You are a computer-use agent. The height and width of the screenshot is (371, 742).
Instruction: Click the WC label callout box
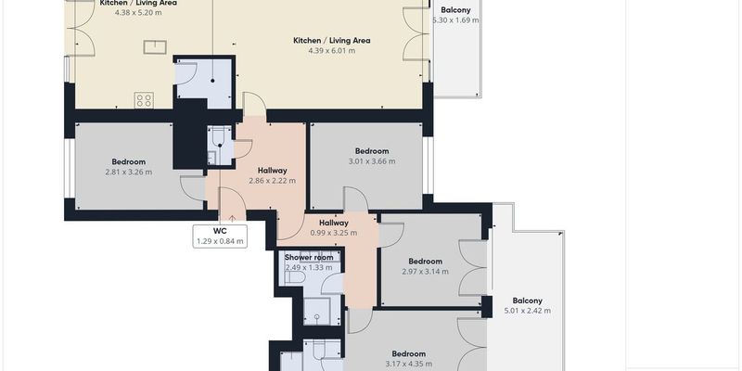(220, 237)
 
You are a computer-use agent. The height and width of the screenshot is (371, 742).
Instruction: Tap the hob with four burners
(144, 100)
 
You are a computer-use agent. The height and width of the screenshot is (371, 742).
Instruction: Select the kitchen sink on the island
(155, 47)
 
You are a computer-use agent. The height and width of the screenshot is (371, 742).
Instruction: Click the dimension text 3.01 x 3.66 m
(372, 161)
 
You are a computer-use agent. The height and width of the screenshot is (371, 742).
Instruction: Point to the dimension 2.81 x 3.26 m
(129, 173)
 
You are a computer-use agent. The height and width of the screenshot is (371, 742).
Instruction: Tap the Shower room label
(309, 258)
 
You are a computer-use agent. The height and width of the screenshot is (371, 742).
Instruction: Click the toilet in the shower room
(294, 277)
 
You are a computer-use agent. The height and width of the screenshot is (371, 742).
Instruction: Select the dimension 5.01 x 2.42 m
(527, 311)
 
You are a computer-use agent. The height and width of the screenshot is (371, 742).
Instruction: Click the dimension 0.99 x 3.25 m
(334, 233)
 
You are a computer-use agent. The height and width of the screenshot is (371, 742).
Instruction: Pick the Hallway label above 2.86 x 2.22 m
(272, 171)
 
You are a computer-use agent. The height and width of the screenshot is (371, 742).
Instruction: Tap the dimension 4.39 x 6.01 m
(332, 51)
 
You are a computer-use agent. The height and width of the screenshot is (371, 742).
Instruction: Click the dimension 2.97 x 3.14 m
(426, 272)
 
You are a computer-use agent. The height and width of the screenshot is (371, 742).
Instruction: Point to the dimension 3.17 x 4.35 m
(408, 364)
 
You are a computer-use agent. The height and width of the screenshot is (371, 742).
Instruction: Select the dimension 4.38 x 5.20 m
(138, 13)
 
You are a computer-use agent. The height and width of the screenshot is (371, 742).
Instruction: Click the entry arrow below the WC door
(233, 218)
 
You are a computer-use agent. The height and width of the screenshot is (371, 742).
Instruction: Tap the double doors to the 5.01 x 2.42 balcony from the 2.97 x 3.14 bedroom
(472, 268)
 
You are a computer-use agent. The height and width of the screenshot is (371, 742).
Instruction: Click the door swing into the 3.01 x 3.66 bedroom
(356, 198)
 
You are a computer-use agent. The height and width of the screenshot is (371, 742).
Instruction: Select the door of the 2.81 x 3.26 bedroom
(193, 188)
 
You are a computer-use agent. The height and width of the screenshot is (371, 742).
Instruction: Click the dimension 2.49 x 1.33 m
(309, 268)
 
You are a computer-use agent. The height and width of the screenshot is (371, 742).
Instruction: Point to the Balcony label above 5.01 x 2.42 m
(527, 301)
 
